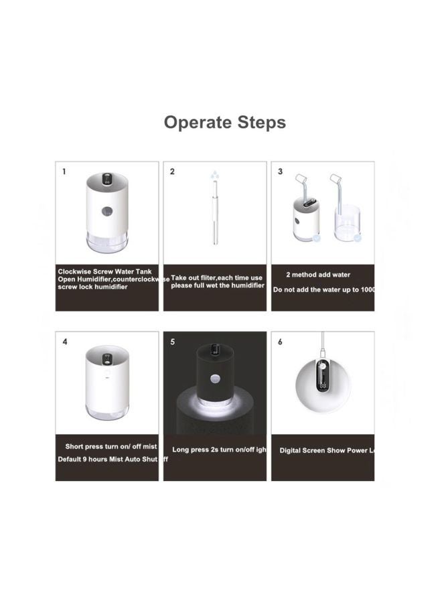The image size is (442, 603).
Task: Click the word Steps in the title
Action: (258, 123)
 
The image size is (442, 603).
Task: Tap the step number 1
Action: (64, 172)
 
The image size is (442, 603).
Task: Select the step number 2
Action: (172, 172)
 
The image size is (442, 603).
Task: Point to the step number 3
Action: (280, 172)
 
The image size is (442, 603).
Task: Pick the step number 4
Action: (64, 342)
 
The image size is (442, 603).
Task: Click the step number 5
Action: (172, 342)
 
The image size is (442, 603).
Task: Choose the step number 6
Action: (280, 342)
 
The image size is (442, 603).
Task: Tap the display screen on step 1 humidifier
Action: (107, 181)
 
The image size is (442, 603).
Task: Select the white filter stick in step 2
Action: (214, 214)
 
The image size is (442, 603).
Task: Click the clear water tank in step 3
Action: (346, 224)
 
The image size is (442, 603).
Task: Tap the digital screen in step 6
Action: (323, 377)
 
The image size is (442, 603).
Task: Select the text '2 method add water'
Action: (318, 275)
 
